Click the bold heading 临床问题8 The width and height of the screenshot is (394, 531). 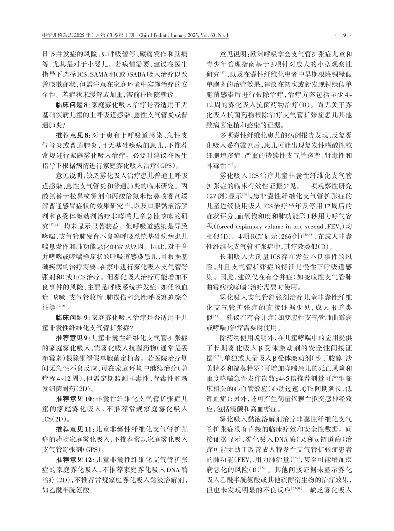73,105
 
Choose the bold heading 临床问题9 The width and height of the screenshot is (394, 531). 73,316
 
